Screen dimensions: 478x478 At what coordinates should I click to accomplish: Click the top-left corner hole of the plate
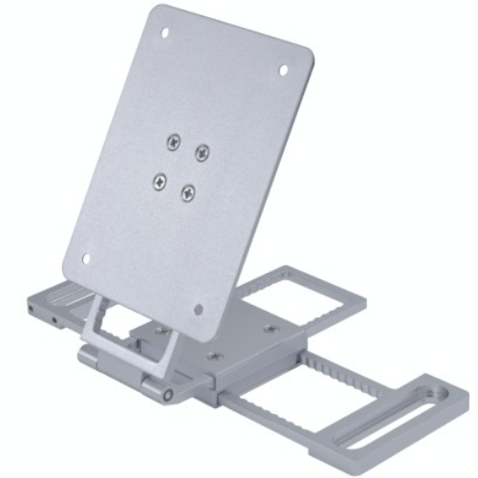click(164, 33)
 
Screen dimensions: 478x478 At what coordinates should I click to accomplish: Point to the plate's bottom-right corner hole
click(199, 309)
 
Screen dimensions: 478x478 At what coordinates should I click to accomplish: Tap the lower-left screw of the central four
click(159, 179)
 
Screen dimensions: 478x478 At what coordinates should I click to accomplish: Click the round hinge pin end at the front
click(168, 394)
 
